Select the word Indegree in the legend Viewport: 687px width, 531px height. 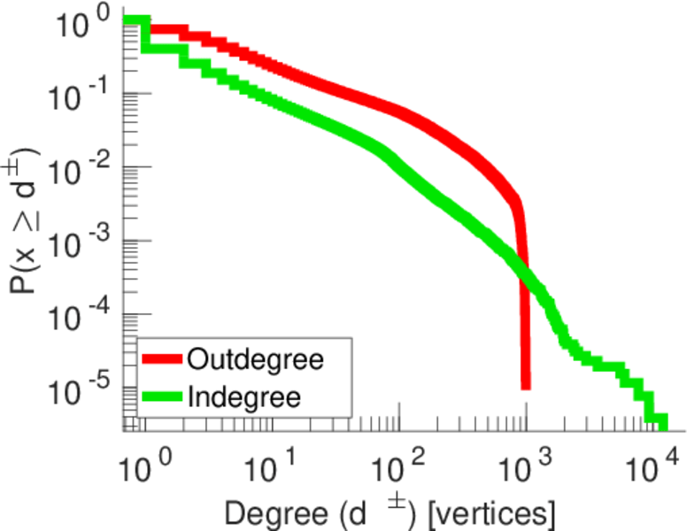[244, 396]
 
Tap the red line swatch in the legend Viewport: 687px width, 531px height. [163, 360]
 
